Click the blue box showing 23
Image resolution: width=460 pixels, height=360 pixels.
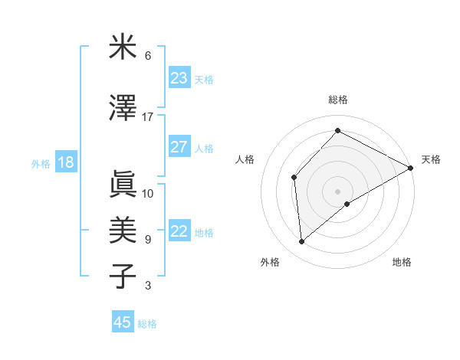(x=179, y=78)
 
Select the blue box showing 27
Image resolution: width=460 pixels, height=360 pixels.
(x=179, y=147)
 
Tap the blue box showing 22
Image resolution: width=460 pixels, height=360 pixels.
(x=179, y=231)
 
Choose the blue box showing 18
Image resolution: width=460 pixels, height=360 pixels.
(x=65, y=162)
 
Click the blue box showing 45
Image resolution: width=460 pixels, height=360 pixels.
(x=123, y=322)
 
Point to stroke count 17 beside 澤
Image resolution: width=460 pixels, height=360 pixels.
(x=148, y=116)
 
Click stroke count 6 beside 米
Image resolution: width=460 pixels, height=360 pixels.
(x=148, y=55)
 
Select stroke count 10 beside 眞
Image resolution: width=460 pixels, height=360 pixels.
(x=148, y=193)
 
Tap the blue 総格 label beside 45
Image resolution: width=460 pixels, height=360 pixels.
(x=147, y=324)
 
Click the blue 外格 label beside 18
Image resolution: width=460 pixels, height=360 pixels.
(x=41, y=163)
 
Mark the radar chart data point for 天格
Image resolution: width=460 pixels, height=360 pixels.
(x=411, y=168)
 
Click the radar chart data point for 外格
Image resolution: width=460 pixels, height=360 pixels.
(x=302, y=241)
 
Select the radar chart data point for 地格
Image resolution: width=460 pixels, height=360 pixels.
(x=347, y=204)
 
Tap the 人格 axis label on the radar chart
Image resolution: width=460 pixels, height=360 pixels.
(x=245, y=159)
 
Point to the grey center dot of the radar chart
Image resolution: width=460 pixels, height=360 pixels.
(x=337, y=190)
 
